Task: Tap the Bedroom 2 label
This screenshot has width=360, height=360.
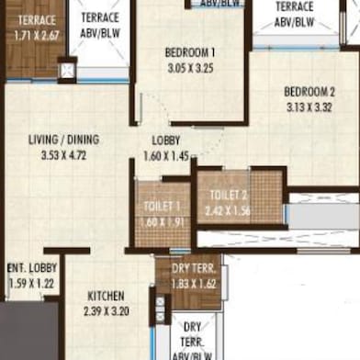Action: coord(309,91)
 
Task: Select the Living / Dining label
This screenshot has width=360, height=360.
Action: coord(63,140)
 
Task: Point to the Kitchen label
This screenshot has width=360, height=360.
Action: coord(107,297)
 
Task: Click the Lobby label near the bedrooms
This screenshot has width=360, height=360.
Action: coord(166,141)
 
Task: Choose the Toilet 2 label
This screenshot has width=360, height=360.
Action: coord(229,195)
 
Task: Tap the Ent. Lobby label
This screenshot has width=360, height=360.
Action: coord(32,269)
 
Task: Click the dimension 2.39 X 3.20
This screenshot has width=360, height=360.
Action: coord(107,311)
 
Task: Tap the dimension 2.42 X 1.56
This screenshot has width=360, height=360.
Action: coord(230,209)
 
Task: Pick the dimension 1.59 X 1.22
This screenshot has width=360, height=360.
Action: coord(32,284)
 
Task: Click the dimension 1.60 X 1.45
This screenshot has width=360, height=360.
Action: coord(166,155)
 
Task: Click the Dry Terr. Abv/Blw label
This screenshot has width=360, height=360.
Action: coord(193,339)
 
